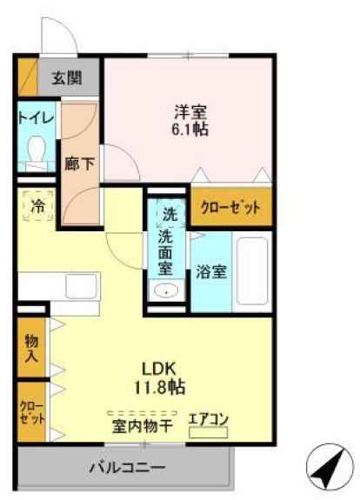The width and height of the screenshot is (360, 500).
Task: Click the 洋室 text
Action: pyautogui.click(x=190, y=112)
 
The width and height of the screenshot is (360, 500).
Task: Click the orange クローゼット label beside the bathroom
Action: pyautogui.click(x=230, y=207)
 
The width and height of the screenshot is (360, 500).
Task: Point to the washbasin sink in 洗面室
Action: pyautogui.click(x=166, y=290)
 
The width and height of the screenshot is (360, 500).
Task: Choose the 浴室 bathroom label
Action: pyautogui.click(x=211, y=271)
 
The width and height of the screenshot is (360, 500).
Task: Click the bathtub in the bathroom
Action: pyautogui.click(x=254, y=270)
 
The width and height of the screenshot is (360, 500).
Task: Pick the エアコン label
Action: pyautogui.click(x=209, y=420)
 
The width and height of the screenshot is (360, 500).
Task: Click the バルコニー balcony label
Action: pyautogui.click(x=127, y=469)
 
